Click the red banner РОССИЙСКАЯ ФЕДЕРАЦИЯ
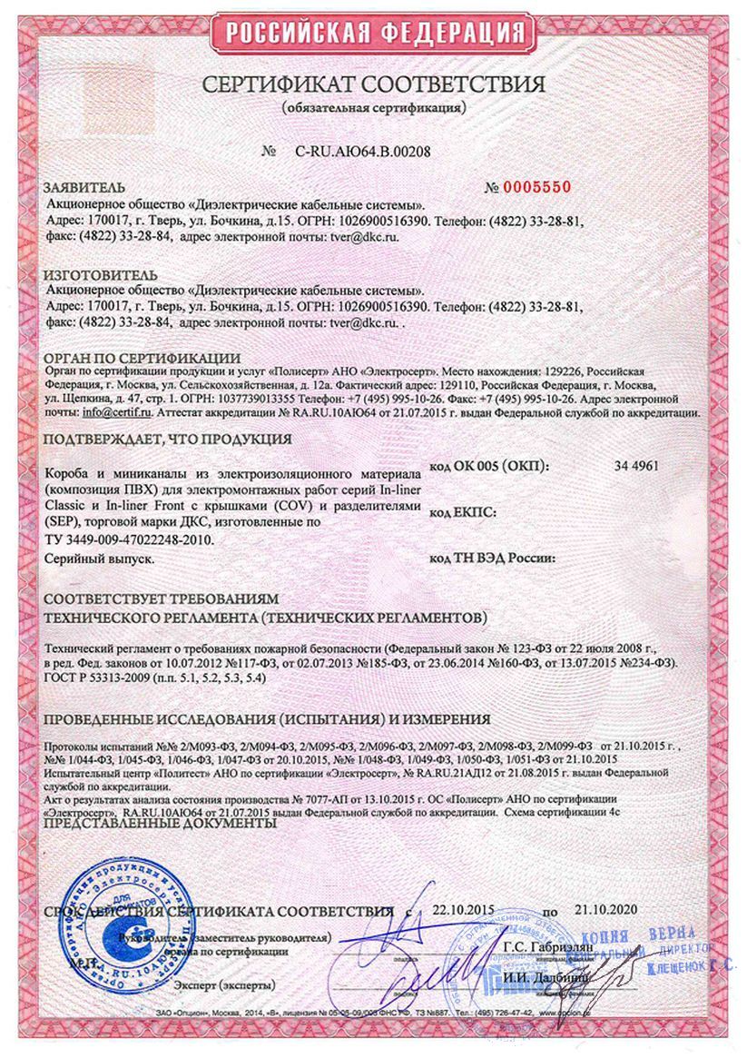click(x=373, y=34)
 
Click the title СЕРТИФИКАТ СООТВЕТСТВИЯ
click(x=373, y=85)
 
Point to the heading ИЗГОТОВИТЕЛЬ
click(x=87, y=275)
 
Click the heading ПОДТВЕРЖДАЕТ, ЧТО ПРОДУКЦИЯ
click(x=167, y=439)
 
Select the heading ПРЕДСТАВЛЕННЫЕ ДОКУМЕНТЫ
click(x=160, y=824)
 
